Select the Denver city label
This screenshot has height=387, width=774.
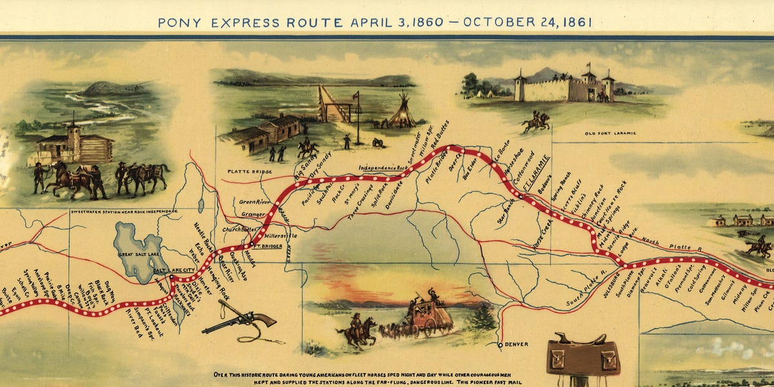516,344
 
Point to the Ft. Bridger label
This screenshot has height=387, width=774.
264,246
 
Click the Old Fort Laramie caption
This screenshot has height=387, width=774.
610,134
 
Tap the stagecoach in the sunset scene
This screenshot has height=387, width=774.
422,316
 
